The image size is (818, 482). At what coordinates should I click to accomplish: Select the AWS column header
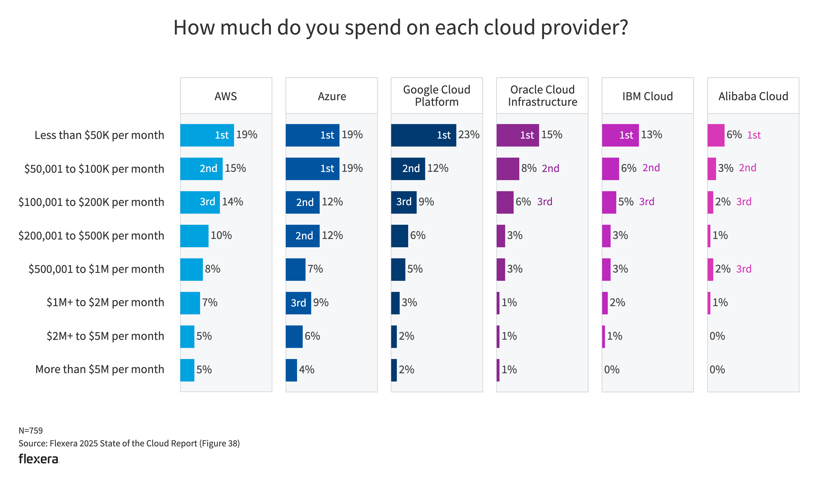pyautogui.click(x=226, y=96)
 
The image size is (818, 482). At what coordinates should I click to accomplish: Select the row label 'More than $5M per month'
pyautogui.click(x=99, y=370)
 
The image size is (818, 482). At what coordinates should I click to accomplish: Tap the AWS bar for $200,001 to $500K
pyautogui.click(x=194, y=236)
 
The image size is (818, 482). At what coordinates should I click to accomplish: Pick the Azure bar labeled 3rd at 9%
pyautogui.click(x=298, y=303)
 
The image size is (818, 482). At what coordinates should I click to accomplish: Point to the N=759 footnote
pyautogui.click(x=31, y=431)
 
